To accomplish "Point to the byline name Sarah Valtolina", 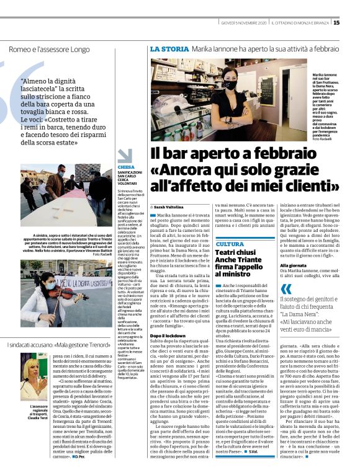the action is click(168, 206).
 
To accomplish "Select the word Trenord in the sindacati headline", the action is click(99, 344).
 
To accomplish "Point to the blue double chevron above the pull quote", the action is click(286, 289).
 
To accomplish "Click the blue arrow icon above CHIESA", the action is click(125, 156).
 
